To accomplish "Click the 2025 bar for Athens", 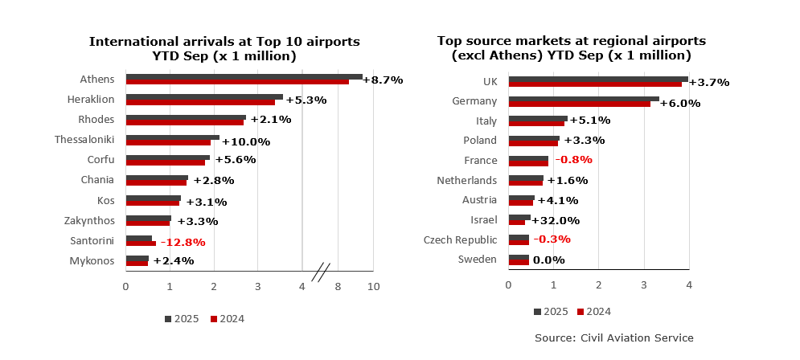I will (244, 77).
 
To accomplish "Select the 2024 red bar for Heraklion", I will (200, 102).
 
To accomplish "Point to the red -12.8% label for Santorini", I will (183, 242).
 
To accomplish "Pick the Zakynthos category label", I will (89, 220).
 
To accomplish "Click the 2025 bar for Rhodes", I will (186, 117).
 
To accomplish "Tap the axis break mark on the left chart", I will (320, 272).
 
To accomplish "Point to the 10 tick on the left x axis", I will (373, 286).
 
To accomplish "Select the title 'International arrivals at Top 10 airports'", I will (224, 42).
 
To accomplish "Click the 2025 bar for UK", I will (597, 79).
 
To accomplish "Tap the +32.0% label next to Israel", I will (556, 220).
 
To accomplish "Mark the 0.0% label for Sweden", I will (549, 260).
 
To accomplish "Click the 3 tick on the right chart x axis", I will (644, 284).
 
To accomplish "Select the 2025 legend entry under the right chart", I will (551, 312).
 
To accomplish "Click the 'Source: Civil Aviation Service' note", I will (614, 337).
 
